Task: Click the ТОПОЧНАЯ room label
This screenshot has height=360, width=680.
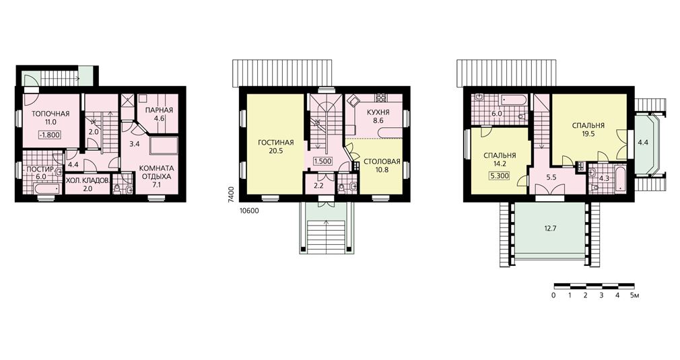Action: [50, 114]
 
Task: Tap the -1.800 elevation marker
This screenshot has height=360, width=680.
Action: [49, 135]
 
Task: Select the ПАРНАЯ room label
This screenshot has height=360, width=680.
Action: [159, 110]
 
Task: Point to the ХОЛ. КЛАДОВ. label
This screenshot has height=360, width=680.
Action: [88, 179]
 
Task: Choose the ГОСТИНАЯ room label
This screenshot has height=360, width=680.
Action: [276, 143]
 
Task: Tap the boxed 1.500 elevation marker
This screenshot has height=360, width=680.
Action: [322, 161]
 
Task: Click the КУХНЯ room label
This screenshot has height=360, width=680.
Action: [378, 112]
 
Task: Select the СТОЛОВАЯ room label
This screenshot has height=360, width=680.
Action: [382, 162]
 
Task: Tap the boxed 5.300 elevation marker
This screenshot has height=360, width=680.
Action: [500, 176]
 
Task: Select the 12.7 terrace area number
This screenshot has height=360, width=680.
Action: [549, 228]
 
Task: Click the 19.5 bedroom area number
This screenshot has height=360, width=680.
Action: [588, 134]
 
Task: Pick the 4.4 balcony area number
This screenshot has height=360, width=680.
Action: [643, 142]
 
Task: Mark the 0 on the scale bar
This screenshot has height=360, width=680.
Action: [554, 295]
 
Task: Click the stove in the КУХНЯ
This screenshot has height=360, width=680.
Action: [381, 97]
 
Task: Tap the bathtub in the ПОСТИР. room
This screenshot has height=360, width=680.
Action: [47, 188]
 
